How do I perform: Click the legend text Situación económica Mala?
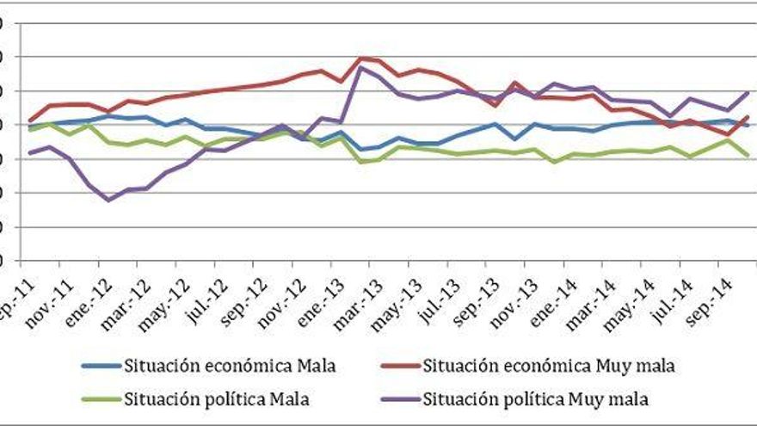click(x=229, y=366)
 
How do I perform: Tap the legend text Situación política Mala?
click(x=216, y=398)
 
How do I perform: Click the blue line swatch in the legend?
click(x=101, y=367)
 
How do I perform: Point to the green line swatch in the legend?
click(x=101, y=399)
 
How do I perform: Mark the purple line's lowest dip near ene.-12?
click(x=108, y=200)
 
